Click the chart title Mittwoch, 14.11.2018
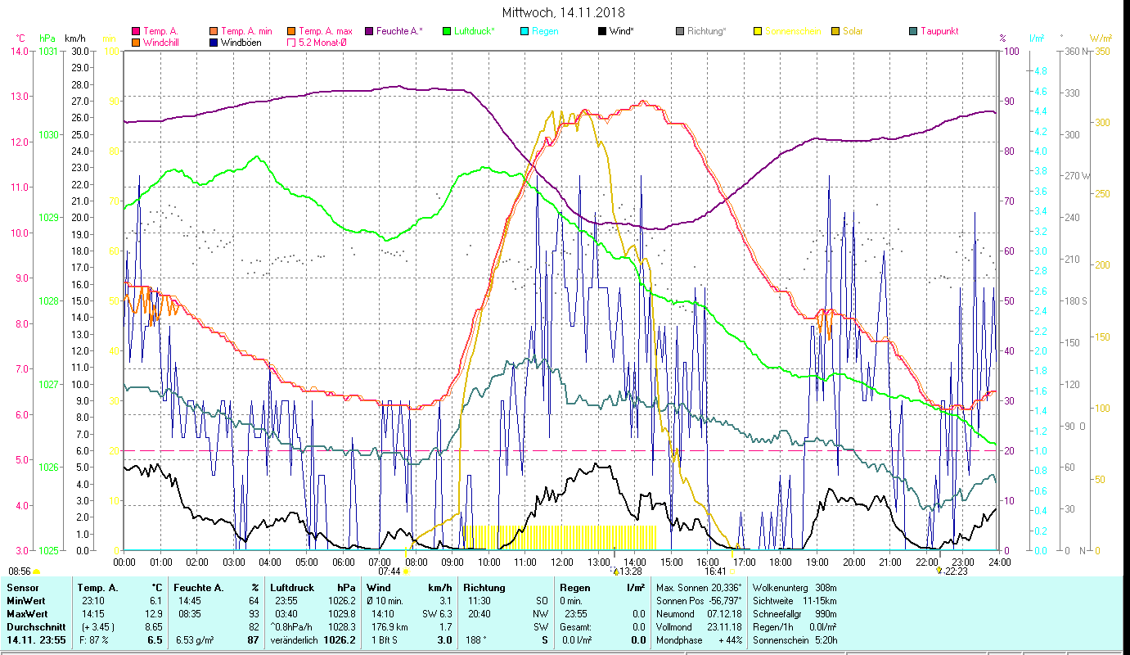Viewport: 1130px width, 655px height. tap(563, 12)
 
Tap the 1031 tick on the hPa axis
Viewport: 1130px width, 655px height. tap(48, 52)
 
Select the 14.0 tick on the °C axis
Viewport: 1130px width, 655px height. tap(19, 52)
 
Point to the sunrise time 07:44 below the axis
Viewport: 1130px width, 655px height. tap(389, 571)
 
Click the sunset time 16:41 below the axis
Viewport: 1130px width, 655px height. tap(715, 571)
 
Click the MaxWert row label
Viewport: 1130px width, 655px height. tap(26, 614)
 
